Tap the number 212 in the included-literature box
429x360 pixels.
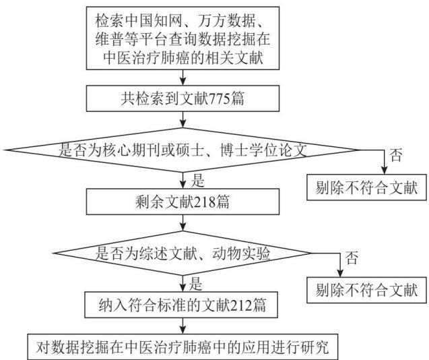coord(242,305)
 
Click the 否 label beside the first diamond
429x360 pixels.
coord(396,155)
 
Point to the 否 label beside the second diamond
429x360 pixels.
coord(352,258)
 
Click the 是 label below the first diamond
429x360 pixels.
coord(197,181)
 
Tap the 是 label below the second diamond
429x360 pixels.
coord(195,284)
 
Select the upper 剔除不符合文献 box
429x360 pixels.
coord(366,187)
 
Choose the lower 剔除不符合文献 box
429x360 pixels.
coord(366,290)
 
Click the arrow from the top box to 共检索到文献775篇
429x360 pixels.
coord(183,78)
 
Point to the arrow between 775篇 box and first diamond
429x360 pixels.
coord(183,119)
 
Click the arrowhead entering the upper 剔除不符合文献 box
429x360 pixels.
coord(385,171)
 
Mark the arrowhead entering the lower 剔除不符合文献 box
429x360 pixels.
coord(340,273)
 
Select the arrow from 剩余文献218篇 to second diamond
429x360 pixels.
coord(183,222)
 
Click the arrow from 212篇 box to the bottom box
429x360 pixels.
coord(183,326)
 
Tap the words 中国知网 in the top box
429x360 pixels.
coord(154,21)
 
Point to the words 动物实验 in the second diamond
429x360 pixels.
coord(241,253)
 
